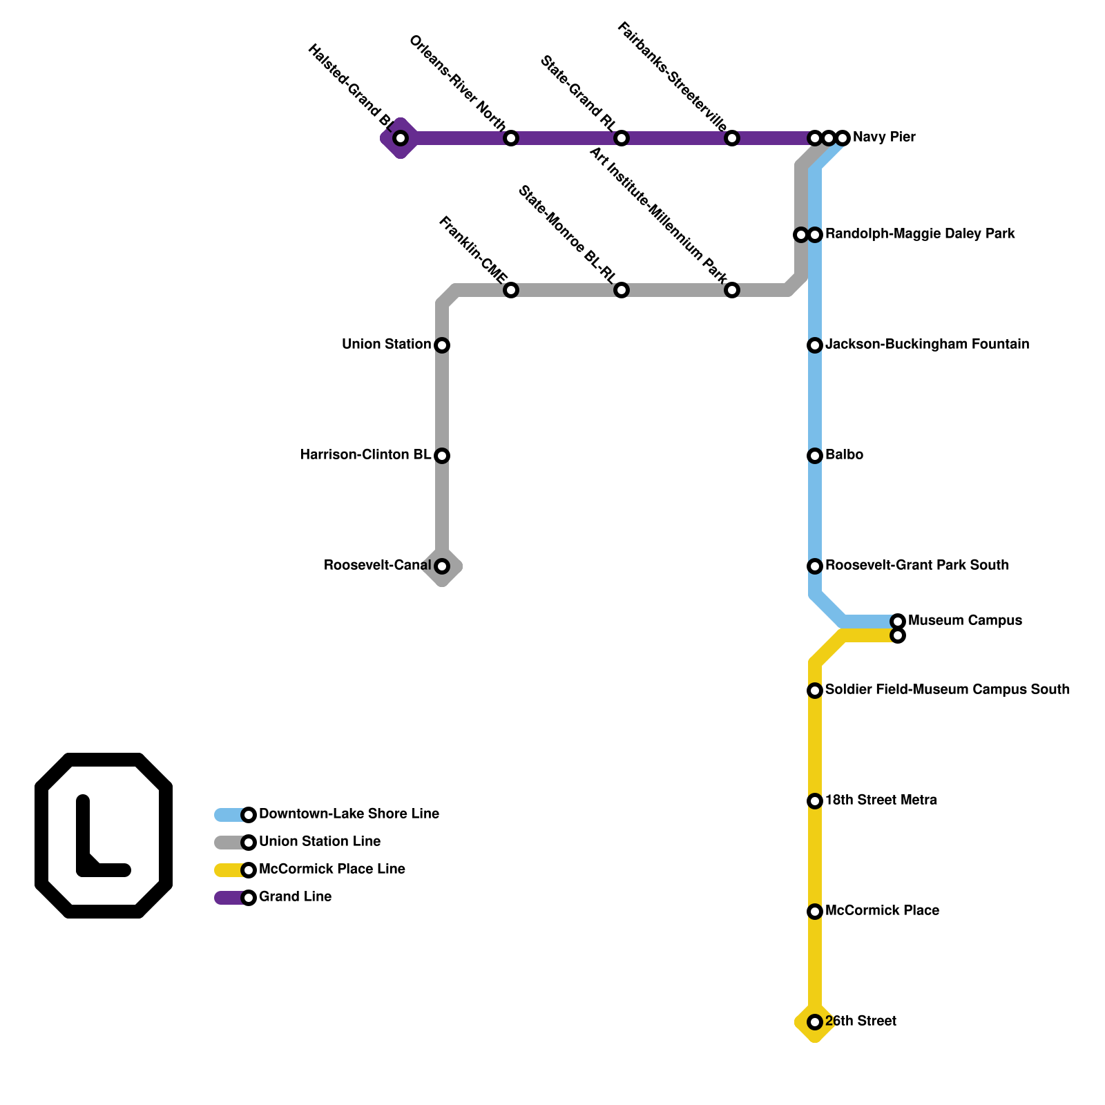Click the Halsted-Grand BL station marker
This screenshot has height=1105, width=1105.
point(401,138)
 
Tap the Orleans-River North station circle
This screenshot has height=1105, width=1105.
point(511,138)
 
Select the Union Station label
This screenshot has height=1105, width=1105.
point(386,344)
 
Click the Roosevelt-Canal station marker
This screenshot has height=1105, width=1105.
point(442,566)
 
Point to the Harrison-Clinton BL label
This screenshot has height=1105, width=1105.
point(365,454)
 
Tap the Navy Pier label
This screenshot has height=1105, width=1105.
point(884,137)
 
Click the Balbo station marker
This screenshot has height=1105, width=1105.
point(815,456)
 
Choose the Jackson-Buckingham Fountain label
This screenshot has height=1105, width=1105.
point(927,344)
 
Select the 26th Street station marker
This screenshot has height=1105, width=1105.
point(815,1022)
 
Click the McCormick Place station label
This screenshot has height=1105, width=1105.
point(882,910)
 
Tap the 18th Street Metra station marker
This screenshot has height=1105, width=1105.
point(815,801)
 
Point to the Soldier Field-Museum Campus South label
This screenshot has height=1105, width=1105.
point(947,689)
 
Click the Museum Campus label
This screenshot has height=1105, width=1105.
point(965,620)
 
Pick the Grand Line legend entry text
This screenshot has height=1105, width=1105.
point(295,896)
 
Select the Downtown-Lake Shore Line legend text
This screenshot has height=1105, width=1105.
point(349,814)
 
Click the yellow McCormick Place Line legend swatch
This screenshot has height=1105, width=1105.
point(228,870)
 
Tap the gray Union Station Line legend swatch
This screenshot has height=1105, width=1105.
point(228,843)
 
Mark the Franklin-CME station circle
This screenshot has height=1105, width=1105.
point(511,290)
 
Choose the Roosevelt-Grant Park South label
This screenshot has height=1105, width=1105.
point(916,565)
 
